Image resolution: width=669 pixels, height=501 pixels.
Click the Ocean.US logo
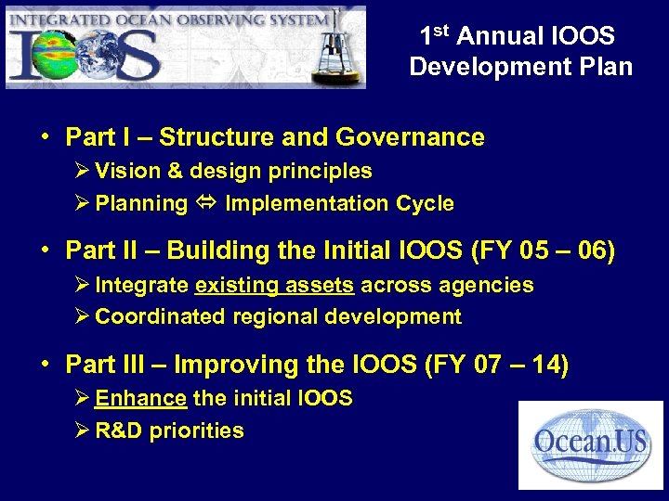click(590, 443)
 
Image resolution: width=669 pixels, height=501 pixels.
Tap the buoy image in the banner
click(332, 51)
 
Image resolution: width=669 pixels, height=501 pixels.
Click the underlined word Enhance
click(141, 399)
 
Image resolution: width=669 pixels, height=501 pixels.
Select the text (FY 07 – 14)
click(496, 366)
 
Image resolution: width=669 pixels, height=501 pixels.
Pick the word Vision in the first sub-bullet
click(125, 171)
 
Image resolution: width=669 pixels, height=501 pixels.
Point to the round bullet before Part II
click(45, 251)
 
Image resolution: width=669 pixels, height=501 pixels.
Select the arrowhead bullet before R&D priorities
click(80, 430)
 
